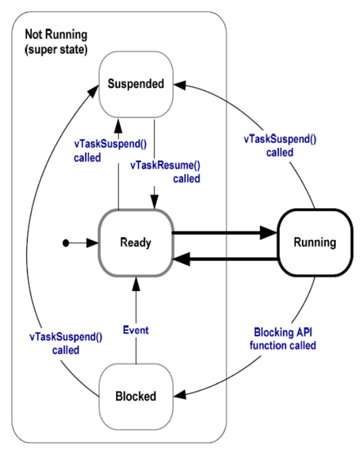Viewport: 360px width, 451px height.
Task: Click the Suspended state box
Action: click(135, 84)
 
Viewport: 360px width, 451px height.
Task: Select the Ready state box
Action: click(135, 242)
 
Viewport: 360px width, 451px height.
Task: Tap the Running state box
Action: click(315, 242)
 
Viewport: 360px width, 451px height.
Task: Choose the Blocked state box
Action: click(135, 394)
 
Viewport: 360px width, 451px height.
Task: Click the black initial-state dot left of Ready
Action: click(66, 243)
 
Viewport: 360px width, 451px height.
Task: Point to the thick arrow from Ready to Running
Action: click(223, 232)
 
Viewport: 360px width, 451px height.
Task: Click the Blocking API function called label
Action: click(283, 338)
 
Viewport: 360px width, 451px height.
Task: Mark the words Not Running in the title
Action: click(56, 34)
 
